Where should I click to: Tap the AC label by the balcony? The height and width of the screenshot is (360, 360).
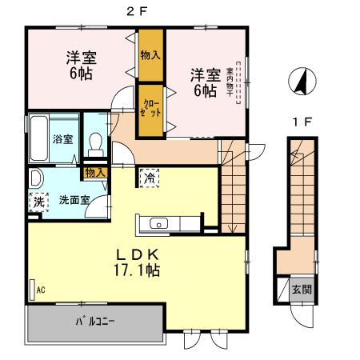click(x=39, y=290)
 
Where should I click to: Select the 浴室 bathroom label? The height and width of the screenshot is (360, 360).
click(x=62, y=138)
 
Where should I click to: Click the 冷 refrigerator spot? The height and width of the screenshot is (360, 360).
click(x=148, y=178)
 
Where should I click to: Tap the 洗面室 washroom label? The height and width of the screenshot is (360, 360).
click(x=73, y=200)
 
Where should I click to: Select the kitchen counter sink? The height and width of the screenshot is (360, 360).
click(x=157, y=224)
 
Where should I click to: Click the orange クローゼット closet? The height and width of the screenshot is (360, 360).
click(x=151, y=108)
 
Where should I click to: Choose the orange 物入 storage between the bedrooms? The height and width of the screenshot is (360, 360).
click(x=150, y=55)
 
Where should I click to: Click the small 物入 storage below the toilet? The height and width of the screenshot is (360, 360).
click(x=95, y=172)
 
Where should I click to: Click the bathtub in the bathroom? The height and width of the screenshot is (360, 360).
click(x=38, y=138)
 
